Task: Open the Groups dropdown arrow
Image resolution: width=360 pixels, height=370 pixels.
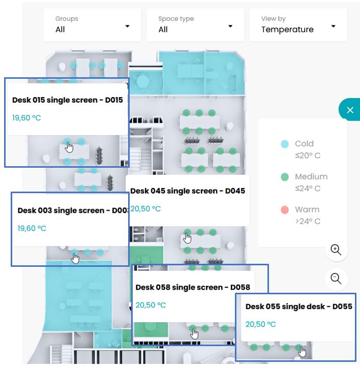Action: (x=128, y=26)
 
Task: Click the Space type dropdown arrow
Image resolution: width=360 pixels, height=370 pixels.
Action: (x=230, y=26)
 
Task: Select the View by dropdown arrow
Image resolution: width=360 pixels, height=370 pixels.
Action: (x=334, y=26)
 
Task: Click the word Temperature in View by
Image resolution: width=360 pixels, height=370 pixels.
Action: (x=287, y=29)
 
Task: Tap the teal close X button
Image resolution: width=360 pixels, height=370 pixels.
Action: (x=350, y=110)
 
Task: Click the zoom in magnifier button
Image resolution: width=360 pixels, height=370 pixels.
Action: (x=336, y=250)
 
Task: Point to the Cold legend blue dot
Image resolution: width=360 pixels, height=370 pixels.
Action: (x=285, y=144)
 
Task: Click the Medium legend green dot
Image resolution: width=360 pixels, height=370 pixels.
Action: (x=285, y=177)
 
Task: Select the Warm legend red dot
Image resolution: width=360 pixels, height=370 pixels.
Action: (x=285, y=210)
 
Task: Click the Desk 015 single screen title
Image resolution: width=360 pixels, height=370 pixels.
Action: (x=68, y=100)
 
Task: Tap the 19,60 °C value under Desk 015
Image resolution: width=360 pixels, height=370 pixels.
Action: (x=26, y=118)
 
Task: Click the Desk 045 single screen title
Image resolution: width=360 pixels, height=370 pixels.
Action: (x=188, y=191)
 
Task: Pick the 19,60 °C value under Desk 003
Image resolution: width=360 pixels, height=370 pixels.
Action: (x=32, y=228)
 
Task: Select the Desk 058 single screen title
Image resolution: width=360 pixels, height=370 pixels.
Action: (x=193, y=287)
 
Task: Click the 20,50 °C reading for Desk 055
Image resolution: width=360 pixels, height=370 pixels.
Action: (x=261, y=324)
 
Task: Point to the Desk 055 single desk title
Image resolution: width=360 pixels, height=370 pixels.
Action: (x=299, y=306)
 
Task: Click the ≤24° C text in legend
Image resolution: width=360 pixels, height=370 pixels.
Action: (x=308, y=188)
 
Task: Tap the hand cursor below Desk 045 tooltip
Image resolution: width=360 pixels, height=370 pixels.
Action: (x=188, y=238)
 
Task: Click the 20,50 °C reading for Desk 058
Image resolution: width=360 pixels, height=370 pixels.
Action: (x=151, y=305)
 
